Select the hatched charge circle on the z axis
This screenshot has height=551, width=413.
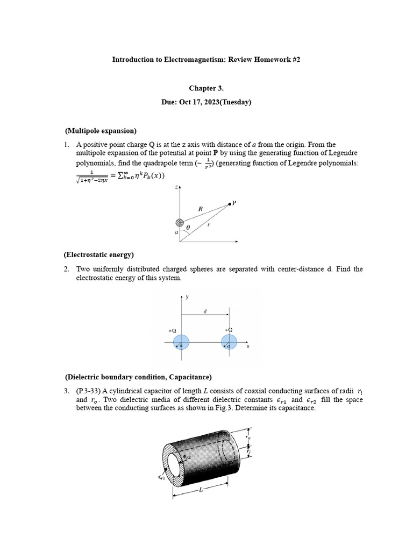[180, 223]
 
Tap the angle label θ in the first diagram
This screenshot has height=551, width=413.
[188, 228]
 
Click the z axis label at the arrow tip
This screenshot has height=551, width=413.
[176, 187]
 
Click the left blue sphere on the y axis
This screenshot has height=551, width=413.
[181, 342]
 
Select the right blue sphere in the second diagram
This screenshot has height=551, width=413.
[230, 342]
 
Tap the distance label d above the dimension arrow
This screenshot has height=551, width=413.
[205, 310]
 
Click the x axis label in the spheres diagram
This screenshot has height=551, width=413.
[248, 347]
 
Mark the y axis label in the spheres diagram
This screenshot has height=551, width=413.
[187, 296]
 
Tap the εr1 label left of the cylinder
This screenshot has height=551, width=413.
[161, 477]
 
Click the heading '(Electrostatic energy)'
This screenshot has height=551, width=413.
[99, 255]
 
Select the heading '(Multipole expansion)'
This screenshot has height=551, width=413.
[101, 131]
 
